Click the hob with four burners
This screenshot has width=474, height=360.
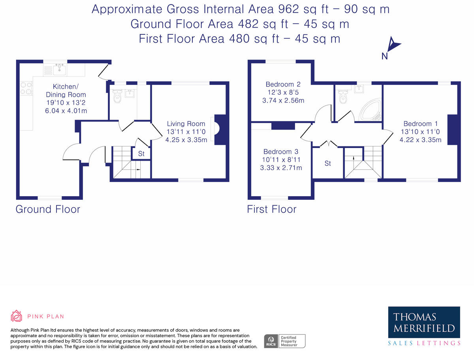point(26,88)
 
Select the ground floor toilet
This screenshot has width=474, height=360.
point(117,96)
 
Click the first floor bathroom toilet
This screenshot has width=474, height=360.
point(343,97)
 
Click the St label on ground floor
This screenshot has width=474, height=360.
point(141,154)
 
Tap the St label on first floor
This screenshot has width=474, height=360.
point(327,163)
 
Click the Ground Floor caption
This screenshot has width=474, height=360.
point(48,209)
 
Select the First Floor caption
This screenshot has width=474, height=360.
point(272,209)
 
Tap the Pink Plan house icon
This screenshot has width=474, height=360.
point(17,316)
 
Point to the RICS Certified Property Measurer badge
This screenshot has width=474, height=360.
point(285,341)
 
